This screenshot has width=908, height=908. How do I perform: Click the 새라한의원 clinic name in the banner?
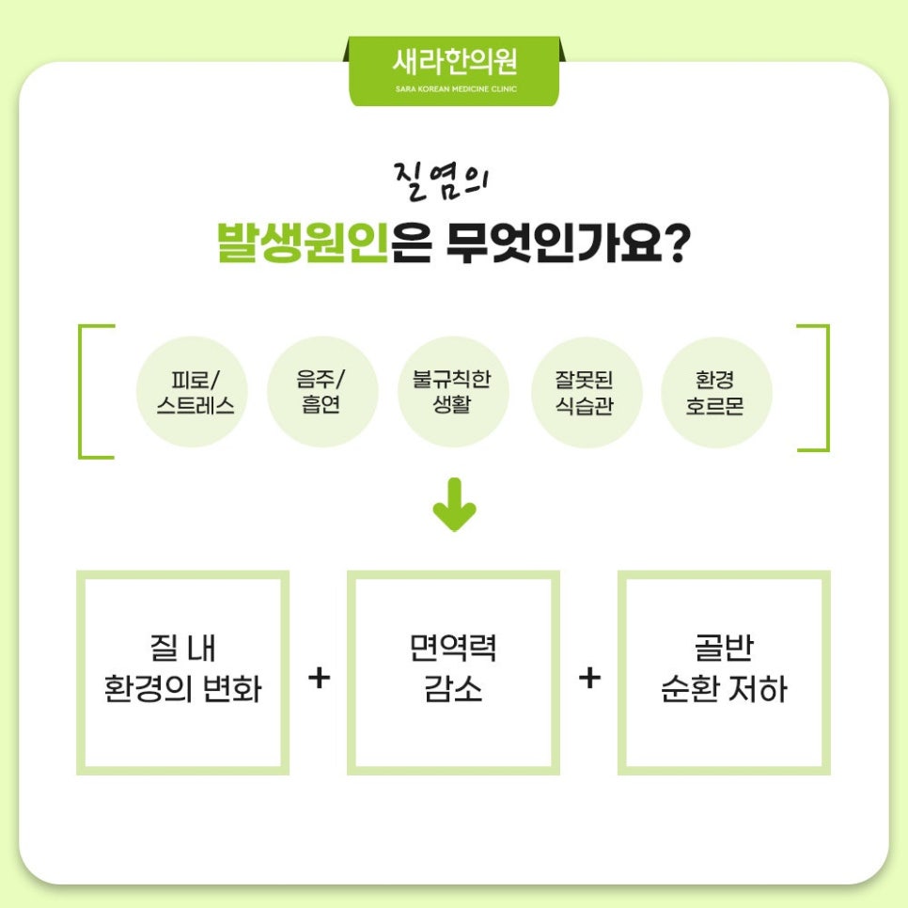(455, 62)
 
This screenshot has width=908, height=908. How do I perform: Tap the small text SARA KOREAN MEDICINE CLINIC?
(456, 89)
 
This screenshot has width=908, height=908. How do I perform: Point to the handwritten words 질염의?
(441, 181)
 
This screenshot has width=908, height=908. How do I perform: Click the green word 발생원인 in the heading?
(303, 242)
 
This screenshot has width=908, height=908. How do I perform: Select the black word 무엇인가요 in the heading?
(554, 242)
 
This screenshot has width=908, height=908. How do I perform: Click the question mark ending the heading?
(677, 242)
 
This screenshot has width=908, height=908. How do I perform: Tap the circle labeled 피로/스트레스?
(193, 392)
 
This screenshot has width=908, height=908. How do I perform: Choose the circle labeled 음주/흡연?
(322, 392)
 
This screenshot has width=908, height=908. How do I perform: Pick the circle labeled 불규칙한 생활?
(453, 392)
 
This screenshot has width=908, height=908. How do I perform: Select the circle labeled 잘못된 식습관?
(586, 392)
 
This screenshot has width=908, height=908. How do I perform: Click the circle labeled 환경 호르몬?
(716, 392)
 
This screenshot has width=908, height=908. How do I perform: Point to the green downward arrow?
(455, 505)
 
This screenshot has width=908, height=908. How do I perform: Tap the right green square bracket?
(827, 388)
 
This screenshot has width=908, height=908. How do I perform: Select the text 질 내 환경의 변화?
(183, 668)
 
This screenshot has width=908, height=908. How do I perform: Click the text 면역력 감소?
(453, 668)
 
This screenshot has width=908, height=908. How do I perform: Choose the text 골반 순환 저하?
(724, 668)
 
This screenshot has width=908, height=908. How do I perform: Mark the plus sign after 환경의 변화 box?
(319, 678)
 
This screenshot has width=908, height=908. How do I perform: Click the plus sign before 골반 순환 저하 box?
(589, 678)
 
